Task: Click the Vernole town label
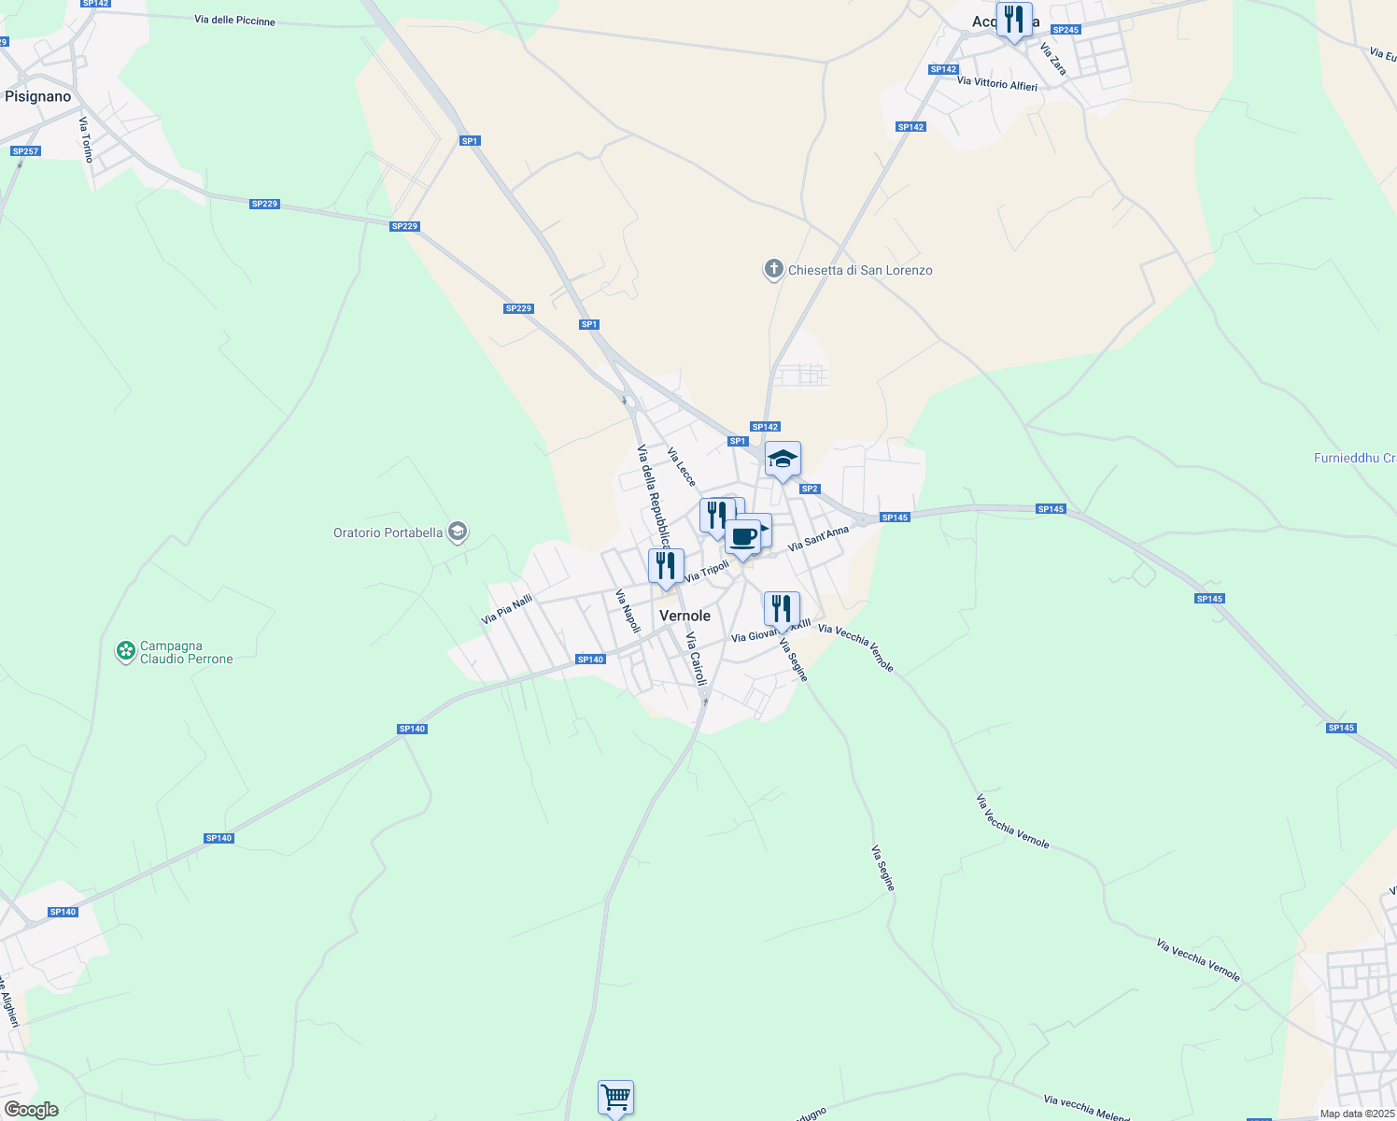click(x=684, y=616)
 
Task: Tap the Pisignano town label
click(x=37, y=96)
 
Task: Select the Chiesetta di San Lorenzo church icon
click(x=773, y=270)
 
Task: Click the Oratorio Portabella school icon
click(x=457, y=532)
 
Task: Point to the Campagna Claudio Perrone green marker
click(x=125, y=651)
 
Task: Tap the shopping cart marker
click(x=615, y=1097)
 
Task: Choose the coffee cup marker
click(x=743, y=538)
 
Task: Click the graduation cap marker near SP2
click(x=783, y=460)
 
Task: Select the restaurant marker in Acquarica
click(x=1013, y=20)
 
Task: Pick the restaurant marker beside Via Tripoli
click(x=666, y=567)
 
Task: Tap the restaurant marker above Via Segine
click(x=782, y=609)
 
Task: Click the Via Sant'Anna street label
click(x=818, y=538)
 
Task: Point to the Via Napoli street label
click(x=628, y=611)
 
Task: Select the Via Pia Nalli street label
click(x=507, y=609)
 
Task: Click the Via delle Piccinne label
click(x=234, y=20)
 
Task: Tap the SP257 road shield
click(x=25, y=151)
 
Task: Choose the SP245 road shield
click(x=1065, y=30)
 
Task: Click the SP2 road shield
click(x=810, y=489)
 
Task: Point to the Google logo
click(x=31, y=1110)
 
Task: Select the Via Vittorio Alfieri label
click(x=997, y=84)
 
